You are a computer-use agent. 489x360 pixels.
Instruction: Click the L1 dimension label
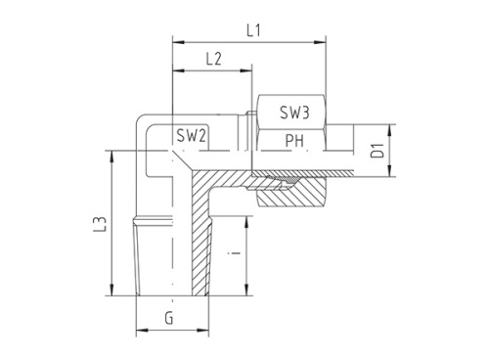[x=253, y=30]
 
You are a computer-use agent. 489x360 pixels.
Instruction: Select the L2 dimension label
[x=214, y=59]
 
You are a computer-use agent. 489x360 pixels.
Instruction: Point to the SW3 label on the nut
[x=294, y=112]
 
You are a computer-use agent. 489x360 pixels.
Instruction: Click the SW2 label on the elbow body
[x=191, y=135]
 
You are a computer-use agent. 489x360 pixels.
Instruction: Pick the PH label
[x=294, y=141]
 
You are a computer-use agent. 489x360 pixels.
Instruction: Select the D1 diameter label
[x=378, y=151]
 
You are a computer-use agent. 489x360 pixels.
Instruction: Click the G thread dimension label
[x=169, y=318]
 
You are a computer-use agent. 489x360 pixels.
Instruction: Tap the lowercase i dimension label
[x=235, y=252]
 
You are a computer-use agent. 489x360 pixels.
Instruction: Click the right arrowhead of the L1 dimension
[x=320, y=42]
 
